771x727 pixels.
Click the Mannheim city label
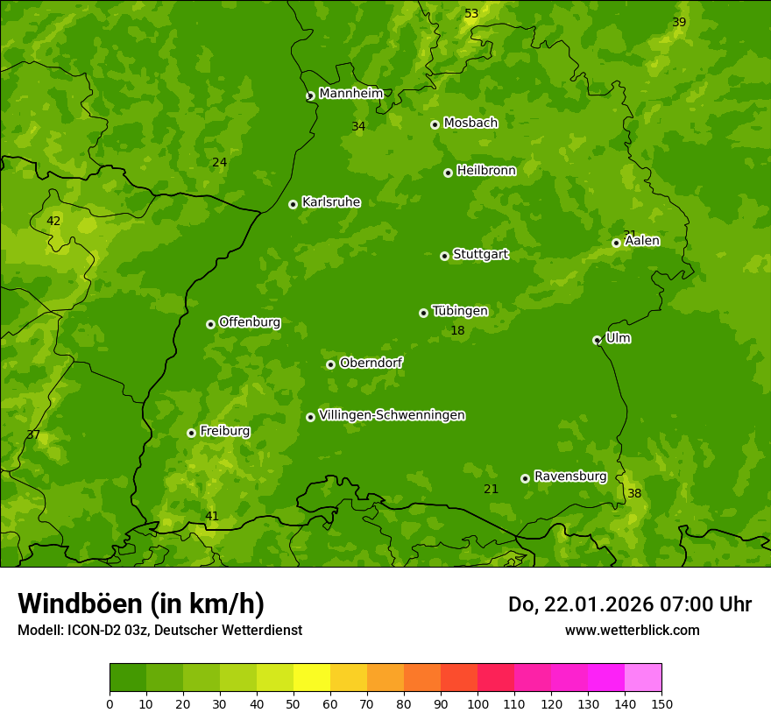pyautogui.click(x=350, y=94)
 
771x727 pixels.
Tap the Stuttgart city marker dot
pyautogui.click(x=444, y=256)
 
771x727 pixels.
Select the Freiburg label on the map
pyautogui.click(x=224, y=431)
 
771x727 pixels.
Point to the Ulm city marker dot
pyautogui.click(x=597, y=340)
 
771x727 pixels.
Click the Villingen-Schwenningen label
pyautogui.click(x=392, y=415)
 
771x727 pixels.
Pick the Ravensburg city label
pyautogui.click(x=569, y=476)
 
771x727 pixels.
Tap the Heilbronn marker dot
pyautogui.click(x=448, y=173)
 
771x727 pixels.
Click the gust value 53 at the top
pyautogui.click(x=471, y=13)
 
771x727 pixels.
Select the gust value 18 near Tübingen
pyautogui.click(x=457, y=330)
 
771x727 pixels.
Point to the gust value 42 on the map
pyautogui.click(x=53, y=221)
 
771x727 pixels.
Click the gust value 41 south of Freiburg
pyautogui.click(x=212, y=516)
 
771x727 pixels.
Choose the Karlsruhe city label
pyautogui.click(x=330, y=202)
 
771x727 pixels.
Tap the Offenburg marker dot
pyautogui.click(x=210, y=324)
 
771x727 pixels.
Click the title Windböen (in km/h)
pyautogui.click(x=141, y=603)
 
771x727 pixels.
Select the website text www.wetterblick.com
pyautogui.click(x=632, y=630)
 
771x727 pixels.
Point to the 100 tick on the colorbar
pyautogui.click(x=477, y=702)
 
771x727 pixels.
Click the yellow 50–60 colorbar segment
pyautogui.click(x=312, y=678)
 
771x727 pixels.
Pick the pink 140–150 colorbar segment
pyautogui.click(x=643, y=678)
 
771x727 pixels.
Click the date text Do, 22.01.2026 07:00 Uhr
pyautogui.click(x=629, y=604)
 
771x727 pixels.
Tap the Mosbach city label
pyautogui.click(x=470, y=124)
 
